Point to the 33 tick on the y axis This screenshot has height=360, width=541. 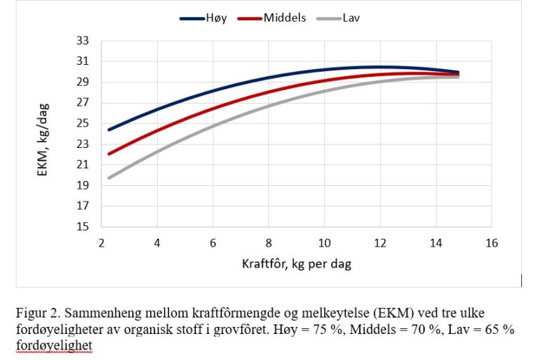[x=84, y=41]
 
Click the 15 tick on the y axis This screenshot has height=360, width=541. [x=84, y=227]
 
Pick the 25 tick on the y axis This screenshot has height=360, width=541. [x=84, y=123]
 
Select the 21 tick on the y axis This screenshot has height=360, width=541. [x=84, y=165]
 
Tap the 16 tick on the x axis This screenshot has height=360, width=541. [x=492, y=242]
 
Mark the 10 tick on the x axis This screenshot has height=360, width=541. [x=324, y=242]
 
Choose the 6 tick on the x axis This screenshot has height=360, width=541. [x=213, y=242]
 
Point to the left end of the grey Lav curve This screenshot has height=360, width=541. [x=109, y=178]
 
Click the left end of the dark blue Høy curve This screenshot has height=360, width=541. [x=109, y=130]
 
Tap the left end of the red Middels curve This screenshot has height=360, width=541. [x=109, y=154]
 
